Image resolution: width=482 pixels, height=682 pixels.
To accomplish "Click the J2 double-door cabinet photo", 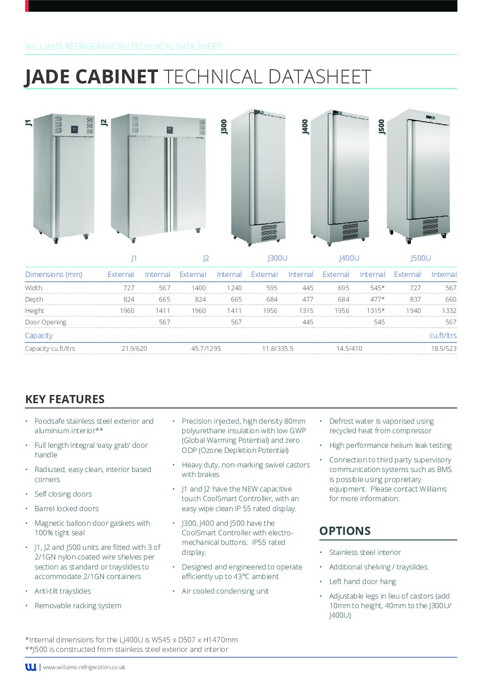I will [x=159, y=177].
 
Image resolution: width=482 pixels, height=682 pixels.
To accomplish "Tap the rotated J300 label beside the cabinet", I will [x=224, y=127].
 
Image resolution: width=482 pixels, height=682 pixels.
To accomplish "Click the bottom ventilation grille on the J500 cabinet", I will [x=430, y=226].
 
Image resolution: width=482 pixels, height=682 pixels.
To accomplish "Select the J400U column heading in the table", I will [x=349, y=258].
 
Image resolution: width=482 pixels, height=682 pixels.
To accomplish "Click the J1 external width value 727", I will [x=128, y=288].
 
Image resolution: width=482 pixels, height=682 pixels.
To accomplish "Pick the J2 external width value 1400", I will [x=199, y=288].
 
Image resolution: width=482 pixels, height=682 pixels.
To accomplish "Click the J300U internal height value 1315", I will [x=306, y=311].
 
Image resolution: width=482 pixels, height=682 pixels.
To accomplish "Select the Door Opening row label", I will [x=46, y=322].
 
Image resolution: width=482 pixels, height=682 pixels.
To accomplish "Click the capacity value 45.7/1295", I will [x=206, y=349].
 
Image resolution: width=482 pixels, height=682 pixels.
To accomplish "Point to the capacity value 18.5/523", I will [x=444, y=349].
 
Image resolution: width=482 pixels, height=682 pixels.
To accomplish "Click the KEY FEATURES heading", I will [x=65, y=399].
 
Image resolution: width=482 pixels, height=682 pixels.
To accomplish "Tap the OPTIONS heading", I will [x=345, y=531].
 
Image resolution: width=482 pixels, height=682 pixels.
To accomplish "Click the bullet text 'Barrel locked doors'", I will [x=67, y=508].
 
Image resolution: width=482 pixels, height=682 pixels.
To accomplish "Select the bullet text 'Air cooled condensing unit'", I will [x=225, y=591].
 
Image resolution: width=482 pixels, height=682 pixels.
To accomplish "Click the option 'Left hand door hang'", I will [x=363, y=581].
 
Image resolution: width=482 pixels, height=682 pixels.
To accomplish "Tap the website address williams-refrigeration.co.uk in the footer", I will [x=84, y=667].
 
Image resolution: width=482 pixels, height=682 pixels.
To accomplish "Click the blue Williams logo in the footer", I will [x=31, y=667].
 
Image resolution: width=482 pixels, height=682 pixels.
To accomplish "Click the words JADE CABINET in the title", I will [x=91, y=77].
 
